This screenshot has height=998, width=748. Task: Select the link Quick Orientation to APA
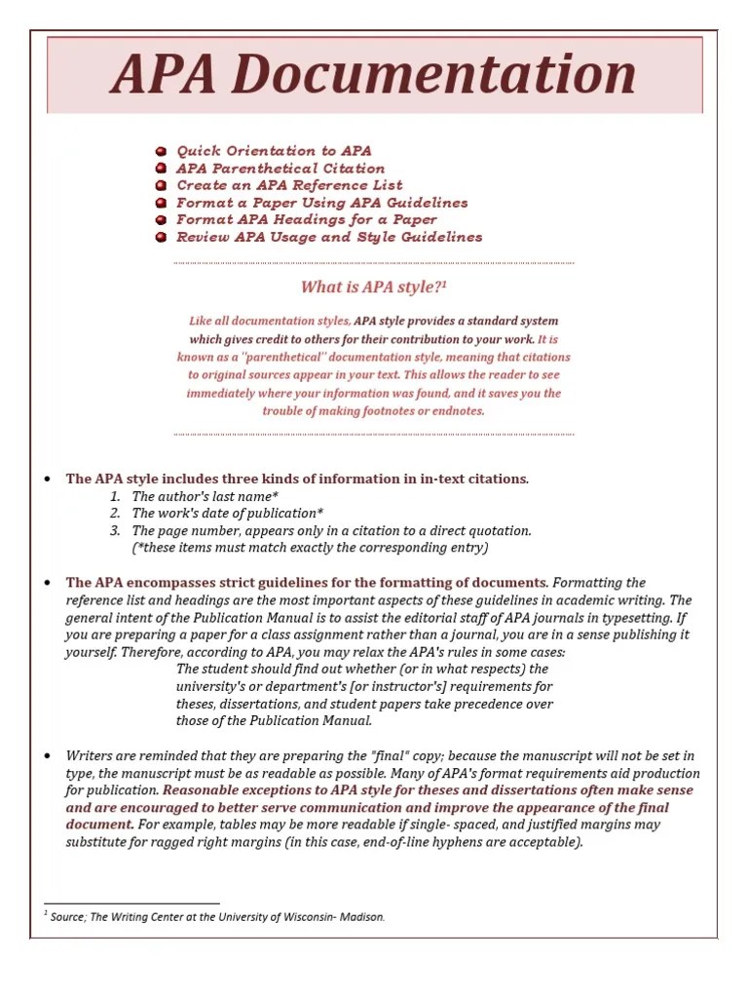pyautogui.click(x=274, y=151)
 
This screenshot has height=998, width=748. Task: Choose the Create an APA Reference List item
pyautogui.click(x=289, y=185)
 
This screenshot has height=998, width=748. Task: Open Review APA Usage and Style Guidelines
pyautogui.click(x=329, y=237)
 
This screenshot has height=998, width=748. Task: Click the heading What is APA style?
pyautogui.click(x=370, y=287)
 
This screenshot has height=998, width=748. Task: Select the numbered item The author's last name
pyautogui.click(x=205, y=496)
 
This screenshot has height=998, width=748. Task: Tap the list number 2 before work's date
pyautogui.click(x=115, y=514)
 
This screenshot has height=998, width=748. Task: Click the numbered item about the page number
pyautogui.click(x=331, y=531)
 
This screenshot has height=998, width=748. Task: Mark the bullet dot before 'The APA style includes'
pyautogui.click(x=48, y=480)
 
